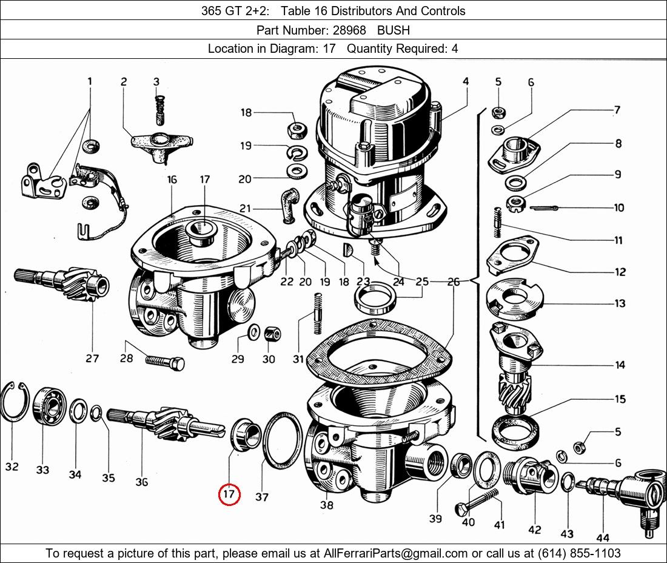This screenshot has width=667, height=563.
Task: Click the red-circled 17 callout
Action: (229, 495)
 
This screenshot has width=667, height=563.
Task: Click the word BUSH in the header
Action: (394, 30)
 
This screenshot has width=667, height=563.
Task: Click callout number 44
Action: (602, 537)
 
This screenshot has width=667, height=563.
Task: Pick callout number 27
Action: (92, 358)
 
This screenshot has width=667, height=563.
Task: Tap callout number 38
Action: (326, 504)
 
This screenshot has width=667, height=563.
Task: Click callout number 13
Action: (620, 303)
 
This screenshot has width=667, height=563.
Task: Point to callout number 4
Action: (466, 81)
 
